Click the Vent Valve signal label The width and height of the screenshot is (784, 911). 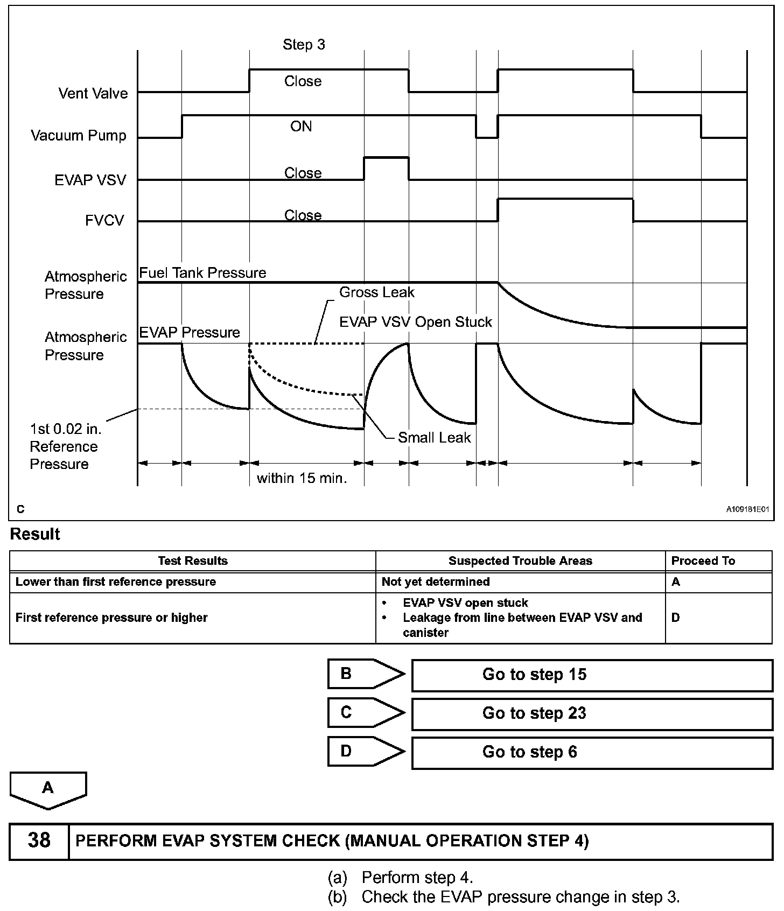[x=93, y=93]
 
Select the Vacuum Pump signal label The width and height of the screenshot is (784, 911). [x=79, y=135]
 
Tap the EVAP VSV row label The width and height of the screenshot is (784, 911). [x=90, y=180]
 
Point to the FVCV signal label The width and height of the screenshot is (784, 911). [x=104, y=221]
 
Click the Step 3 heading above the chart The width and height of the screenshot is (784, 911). [x=304, y=45]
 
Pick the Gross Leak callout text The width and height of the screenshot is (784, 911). [x=376, y=292]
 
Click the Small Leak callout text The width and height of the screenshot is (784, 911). [x=434, y=438]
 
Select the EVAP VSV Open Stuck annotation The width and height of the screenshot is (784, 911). [x=415, y=322]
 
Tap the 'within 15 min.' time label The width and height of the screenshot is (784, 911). [x=302, y=478]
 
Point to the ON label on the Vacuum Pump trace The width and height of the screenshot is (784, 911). [x=301, y=126]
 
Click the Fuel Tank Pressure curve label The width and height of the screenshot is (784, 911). [x=202, y=273]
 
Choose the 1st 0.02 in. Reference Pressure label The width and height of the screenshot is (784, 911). [x=64, y=446]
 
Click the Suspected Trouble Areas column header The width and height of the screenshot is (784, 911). [x=520, y=561]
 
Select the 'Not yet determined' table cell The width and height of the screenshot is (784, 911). [x=436, y=581]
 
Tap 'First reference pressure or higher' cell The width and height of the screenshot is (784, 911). [x=111, y=618]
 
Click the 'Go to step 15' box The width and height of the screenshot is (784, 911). [x=592, y=675]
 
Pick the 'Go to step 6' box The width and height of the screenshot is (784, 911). [x=592, y=752]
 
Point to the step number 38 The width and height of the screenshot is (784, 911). [x=39, y=840]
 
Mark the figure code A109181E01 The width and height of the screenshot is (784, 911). [x=747, y=509]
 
